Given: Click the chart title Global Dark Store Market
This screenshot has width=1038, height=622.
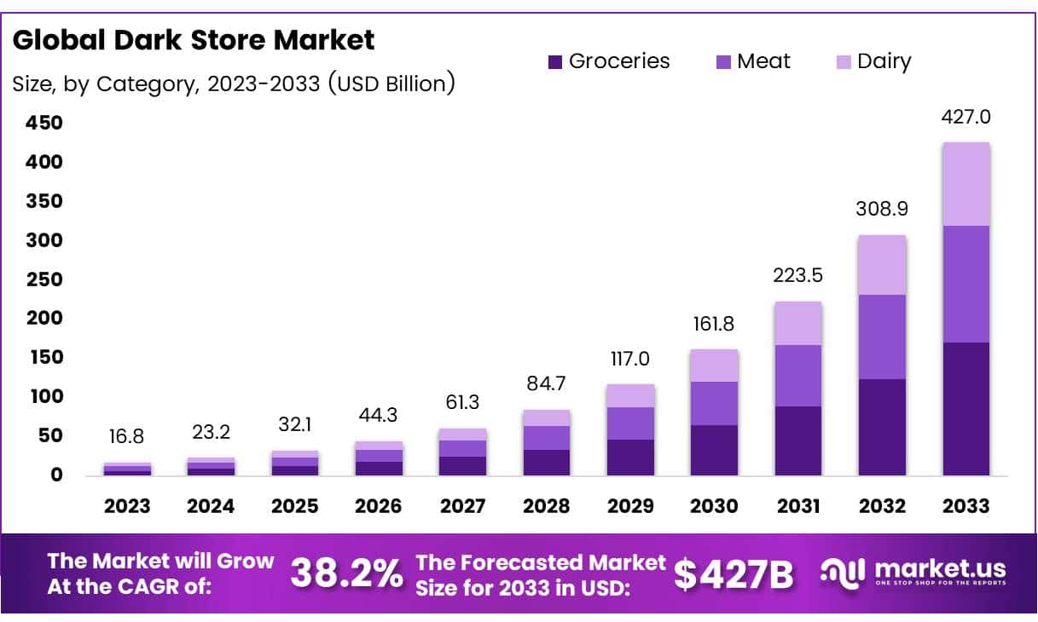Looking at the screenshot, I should (x=194, y=40).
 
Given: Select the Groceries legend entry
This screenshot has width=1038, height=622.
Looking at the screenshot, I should (x=609, y=61).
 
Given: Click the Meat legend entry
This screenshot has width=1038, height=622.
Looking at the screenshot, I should (x=754, y=61).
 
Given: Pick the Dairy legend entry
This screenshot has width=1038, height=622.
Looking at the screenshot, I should (x=873, y=61).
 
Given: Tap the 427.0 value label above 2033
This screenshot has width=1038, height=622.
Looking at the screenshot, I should (x=967, y=117).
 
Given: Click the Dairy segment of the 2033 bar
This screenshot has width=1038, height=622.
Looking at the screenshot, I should (x=967, y=184).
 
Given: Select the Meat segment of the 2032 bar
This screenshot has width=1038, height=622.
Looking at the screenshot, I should (x=883, y=337).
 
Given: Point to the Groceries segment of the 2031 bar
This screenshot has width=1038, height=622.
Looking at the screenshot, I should (x=798, y=441).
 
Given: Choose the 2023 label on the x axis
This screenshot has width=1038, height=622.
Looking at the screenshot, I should (x=127, y=506).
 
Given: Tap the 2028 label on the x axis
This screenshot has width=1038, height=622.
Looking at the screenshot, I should (x=546, y=506).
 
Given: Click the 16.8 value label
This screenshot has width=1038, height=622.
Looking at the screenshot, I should (x=127, y=437).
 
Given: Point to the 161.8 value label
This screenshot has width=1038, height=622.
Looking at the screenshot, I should (x=714, y=324).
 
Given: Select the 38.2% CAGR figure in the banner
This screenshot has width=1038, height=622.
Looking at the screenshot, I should (x=346, y=573).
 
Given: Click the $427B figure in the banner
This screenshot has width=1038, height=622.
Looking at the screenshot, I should (x=734, y=573).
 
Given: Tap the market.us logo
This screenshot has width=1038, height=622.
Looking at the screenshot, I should (x=913, y=572).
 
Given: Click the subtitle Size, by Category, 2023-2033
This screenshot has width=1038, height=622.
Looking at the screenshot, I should (x=233, y=84).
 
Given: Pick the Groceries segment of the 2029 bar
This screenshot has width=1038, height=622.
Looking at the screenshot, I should (x=630, y=458).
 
